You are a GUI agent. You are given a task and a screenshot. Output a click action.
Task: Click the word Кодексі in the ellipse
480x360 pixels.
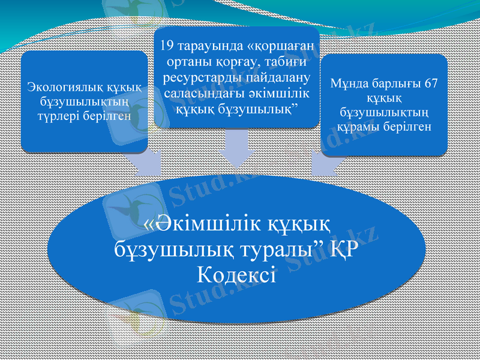pyautogui.click(x=236, y=275)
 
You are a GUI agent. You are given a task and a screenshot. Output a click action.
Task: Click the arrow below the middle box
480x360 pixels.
pyautogui.click(x=236, y=150)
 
